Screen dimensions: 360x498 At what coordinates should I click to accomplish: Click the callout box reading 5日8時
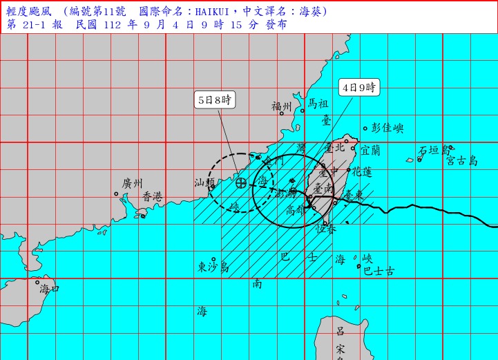pyautogui.click(x=215, y=100)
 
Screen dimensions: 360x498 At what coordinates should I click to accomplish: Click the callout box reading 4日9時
pyautogui.click(x=359, y=88)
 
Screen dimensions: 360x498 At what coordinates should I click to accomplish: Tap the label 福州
pyautogui.click(x=282, y=106)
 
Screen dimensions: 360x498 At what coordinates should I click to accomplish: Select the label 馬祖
pyautogui.click(x=318, y=104)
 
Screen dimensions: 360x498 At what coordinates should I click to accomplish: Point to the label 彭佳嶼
pyautogui.click(x=387, y=128)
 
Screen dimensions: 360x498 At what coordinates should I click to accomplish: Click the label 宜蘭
pyautogui.click(x=370, y=149)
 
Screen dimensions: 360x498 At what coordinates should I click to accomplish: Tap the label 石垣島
pyautogui.click(x=433, y=150)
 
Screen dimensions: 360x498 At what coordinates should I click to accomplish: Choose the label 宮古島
pyautogui.click(x=461, y=160)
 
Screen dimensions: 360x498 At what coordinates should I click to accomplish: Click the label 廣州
pyautogui.click(x=132, y=184)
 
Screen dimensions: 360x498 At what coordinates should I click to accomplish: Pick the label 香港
pyautogui.click(x=153, y=197)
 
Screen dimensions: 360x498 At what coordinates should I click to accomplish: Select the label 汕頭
pyautogui.click(x=204, y=183)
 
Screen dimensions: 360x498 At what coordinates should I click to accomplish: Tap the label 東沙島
pyautogui.click(x=213, y=267)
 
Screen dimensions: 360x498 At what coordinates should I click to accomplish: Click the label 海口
pyautogui.click(x=50, y=288)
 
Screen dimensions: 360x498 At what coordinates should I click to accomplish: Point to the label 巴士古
pyautogui.click(x=379, y=272)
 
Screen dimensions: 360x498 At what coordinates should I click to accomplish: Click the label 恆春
pyautogui.click(x=326, y=229)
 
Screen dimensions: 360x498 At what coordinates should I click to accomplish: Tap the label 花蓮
pyautogui.click(x=363, y=171)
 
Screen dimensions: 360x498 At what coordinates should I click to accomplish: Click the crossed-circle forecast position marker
pyautogui.click(x=241, y=182)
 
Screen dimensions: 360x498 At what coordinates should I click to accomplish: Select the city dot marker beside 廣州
pyautogui.click(x=116, y=193)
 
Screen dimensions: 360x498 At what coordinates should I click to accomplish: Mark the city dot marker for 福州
pyautogui.click(x=282, y=113)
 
